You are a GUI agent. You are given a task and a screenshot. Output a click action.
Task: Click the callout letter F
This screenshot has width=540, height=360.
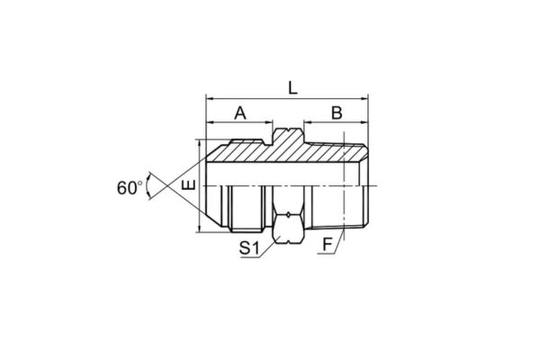tap(328, 241)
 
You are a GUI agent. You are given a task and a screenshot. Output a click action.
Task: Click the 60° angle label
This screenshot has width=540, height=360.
tap(130, 188)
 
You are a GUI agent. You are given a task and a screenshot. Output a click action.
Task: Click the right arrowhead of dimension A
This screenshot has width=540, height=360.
tap(268, 124)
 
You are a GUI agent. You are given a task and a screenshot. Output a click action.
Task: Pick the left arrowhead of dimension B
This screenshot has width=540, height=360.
tap(306, 124)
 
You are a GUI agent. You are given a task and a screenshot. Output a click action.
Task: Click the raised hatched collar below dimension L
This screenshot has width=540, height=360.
tap(288, 144)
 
